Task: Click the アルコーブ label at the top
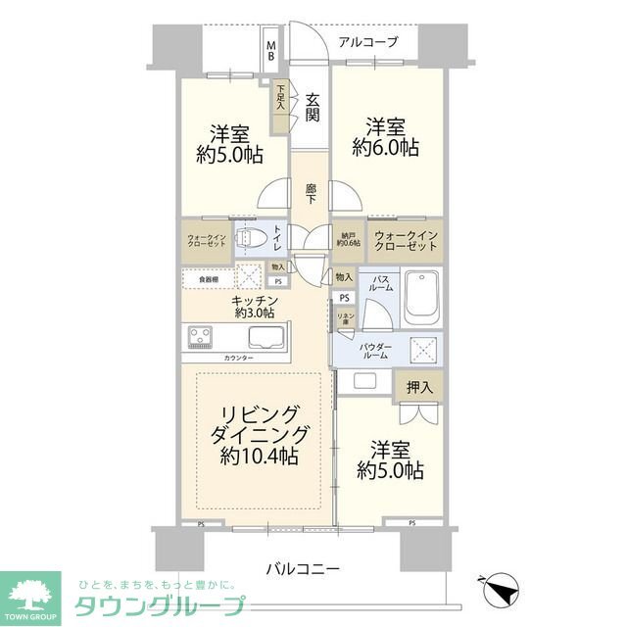[x=368, y=42]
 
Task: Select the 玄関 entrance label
[x=313, y=107]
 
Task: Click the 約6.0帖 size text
[x=386, y=149]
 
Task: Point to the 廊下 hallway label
[x=311, y=193]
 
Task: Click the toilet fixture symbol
[x=252, y=238]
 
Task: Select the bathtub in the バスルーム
[x=421, y=297]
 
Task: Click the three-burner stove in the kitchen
[x=204, y=337]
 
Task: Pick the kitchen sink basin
[x=267, y=339]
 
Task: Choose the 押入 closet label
[x=418, y=388]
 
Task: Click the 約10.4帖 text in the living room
[x=260, y=457]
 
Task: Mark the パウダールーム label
[x=377, y=352]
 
